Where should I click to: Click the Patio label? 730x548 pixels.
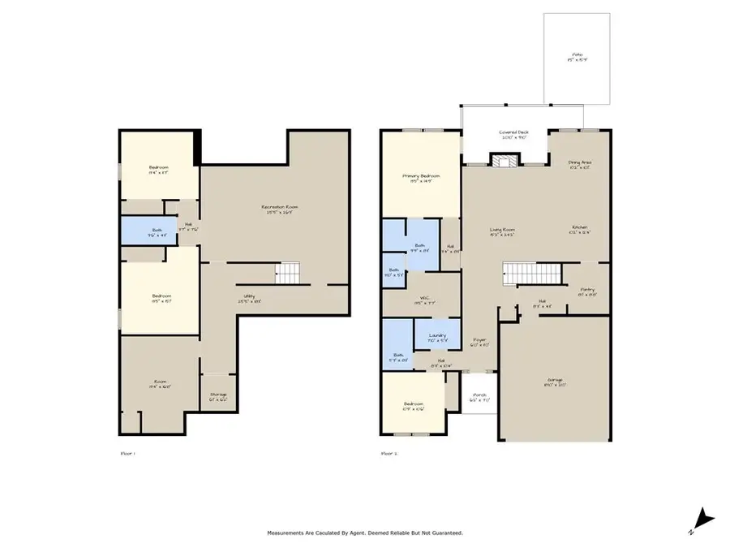tap(577, 58)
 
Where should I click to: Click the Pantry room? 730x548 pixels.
tap(587, 292)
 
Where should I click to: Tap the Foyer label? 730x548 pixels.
tap(480, 342)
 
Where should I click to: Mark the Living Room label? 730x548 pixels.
tap(503, 232)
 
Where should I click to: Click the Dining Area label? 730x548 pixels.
tap(580, 165)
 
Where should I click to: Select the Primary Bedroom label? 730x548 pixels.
tap(422, 178)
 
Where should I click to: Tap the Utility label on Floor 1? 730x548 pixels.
tap(247, 298)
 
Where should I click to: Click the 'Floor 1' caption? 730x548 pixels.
tap(127, 454)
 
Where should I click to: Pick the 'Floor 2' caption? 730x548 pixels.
tap(389, 454)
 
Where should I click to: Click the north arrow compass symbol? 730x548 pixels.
tap(704, 517)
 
